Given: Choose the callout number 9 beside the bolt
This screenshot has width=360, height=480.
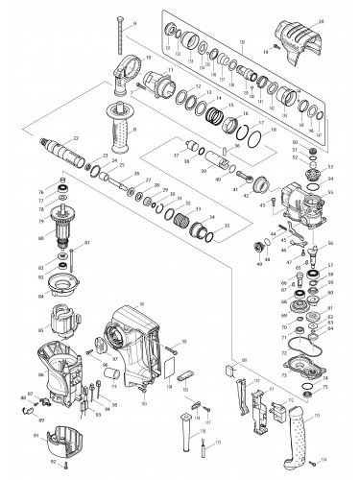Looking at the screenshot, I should (135, 21).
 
